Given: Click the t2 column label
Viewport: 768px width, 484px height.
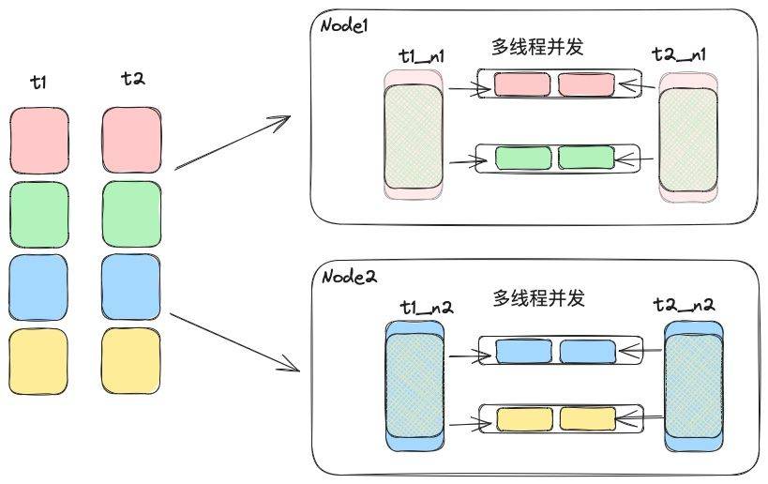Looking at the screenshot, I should [132, 81].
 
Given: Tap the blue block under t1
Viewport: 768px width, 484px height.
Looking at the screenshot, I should [38, 285].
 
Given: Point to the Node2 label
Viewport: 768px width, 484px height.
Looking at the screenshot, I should [349, 277].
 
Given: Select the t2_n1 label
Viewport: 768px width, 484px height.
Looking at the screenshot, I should [679, 54].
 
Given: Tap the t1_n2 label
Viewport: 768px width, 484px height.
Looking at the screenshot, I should [426, 306].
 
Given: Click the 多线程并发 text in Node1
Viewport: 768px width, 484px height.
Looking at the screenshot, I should [537, 46].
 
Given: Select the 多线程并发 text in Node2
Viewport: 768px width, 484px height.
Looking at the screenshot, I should [539, 298].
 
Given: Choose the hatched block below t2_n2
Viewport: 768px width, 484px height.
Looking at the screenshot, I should [694, 386].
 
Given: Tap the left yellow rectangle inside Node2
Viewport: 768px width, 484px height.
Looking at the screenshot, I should [523, 418].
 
